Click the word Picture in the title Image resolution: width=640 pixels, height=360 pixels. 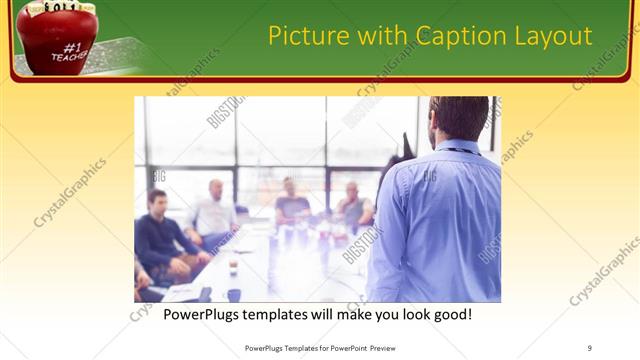click(303, 37)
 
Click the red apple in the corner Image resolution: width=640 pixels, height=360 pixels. click(55, 40)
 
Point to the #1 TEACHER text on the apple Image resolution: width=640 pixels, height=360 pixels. click(69, 51)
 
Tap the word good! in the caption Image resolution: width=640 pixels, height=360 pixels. click(450, 314)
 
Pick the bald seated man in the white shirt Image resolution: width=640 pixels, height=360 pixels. click(213, 212)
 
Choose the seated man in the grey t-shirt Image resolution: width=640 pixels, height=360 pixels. click(291, 206)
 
